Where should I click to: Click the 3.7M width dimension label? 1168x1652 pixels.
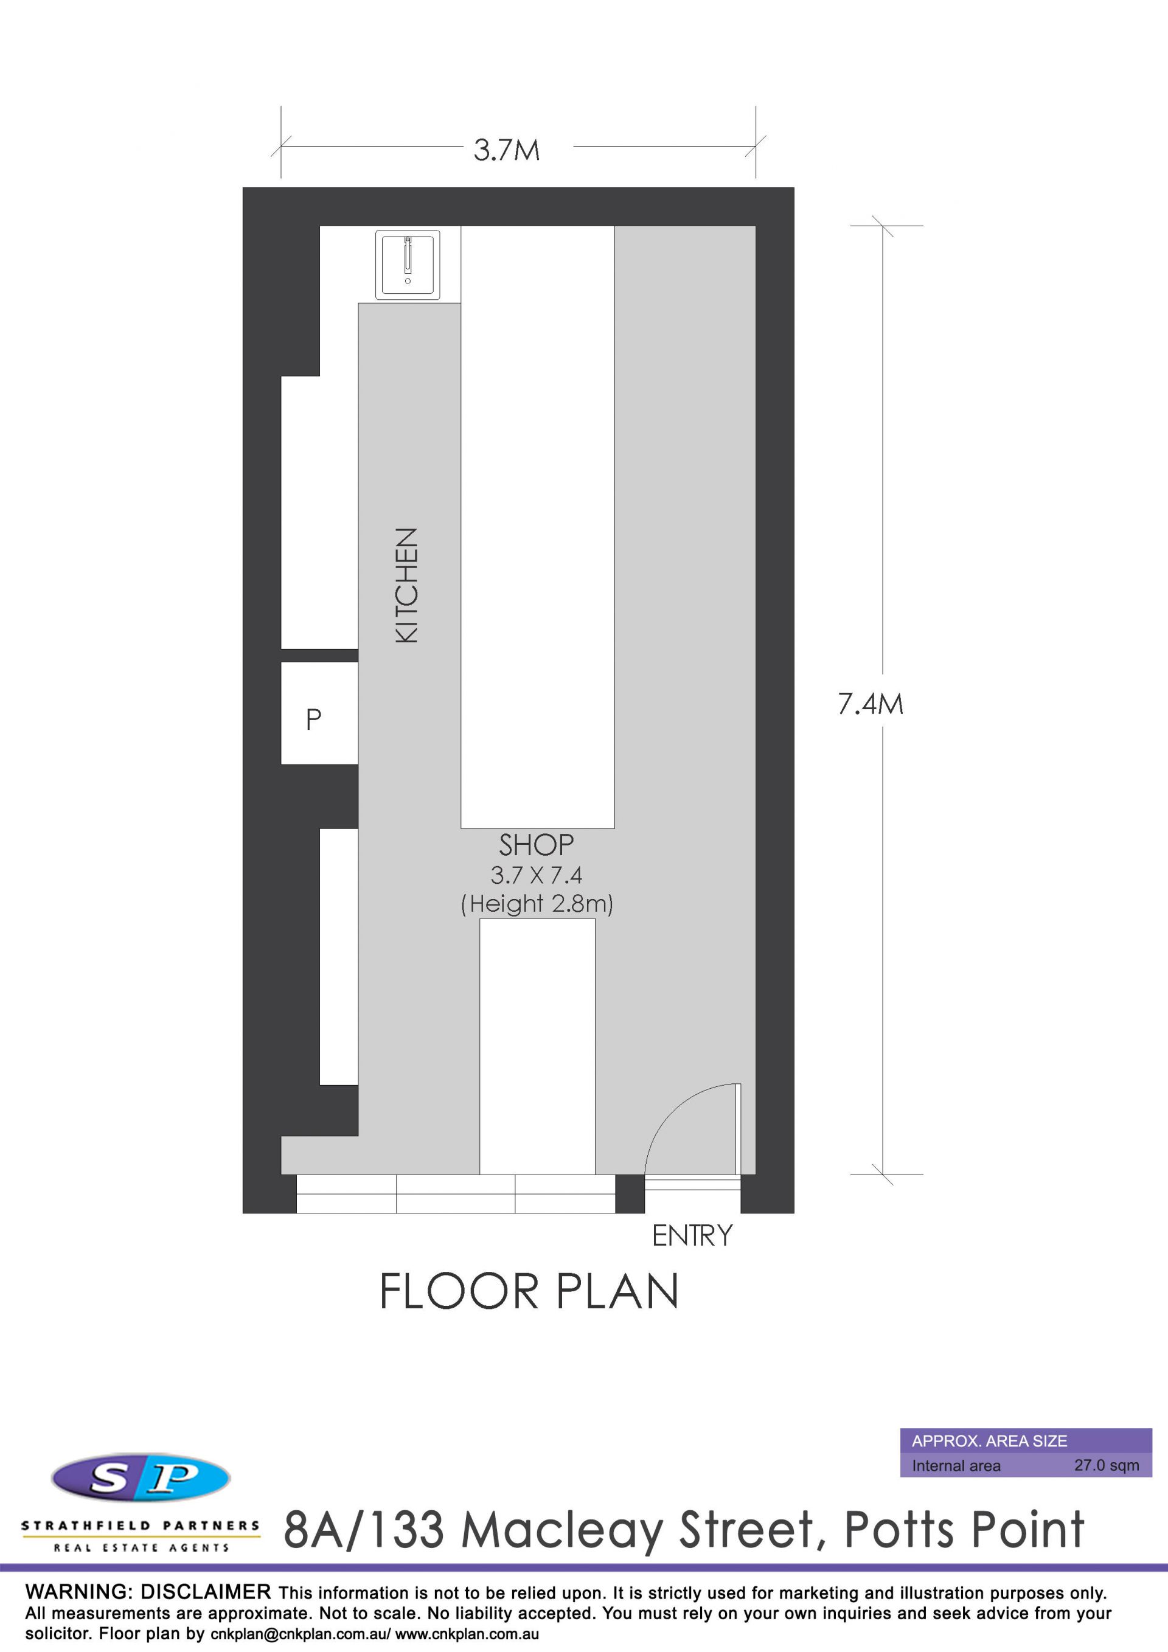coord(507,150)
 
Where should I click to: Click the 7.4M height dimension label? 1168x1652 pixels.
coord(870,704)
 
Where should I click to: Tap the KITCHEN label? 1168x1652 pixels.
coord(406,585)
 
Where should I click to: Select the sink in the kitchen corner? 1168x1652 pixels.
coord(408,265)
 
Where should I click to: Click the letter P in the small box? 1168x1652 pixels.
coord(313,720)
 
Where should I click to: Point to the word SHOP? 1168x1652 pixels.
coord(536,845)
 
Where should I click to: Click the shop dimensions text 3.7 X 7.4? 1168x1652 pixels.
coord(536,875)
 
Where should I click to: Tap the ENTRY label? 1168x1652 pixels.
coord(692,1235)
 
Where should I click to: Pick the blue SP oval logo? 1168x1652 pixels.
coord(141,1478)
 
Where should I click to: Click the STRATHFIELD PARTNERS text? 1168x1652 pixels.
coord(141,1525)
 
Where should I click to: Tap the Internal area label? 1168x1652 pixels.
coord(956,1466)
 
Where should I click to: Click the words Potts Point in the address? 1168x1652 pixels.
coord(964,1531)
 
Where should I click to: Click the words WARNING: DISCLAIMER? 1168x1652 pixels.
coord(148,1592)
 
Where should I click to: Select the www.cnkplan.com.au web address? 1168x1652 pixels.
coord(467,1634)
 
